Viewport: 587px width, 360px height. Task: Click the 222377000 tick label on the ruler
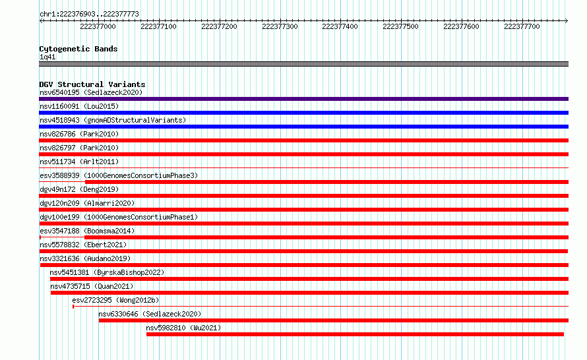(98, 26)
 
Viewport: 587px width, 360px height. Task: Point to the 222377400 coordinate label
(340, 26)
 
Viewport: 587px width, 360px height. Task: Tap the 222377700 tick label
(522, 26)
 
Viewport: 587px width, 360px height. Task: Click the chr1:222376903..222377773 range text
(89, 14)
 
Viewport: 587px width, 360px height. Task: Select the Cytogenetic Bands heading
(78, 49)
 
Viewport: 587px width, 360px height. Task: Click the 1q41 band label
(47, 57)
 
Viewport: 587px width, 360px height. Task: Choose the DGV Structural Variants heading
(92, 84)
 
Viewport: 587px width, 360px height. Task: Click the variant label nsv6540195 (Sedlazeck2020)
(91, 92)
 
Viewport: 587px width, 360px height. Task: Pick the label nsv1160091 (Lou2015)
(79, 106)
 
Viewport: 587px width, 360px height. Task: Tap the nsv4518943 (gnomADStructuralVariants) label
(113, 120)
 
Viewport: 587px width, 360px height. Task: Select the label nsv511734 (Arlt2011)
(79, 162)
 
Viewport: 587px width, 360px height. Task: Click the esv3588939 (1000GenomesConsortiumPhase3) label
(119, 175)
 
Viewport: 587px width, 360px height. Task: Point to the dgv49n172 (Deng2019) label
(79, 189)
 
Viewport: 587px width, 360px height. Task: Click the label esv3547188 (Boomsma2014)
(87, 231)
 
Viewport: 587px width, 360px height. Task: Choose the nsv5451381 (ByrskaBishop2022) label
(107, 272)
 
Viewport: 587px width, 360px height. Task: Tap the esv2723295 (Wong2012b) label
(115, 300)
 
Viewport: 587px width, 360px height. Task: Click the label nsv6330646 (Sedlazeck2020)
(150, 314)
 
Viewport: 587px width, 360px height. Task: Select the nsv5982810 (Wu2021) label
(183, 328)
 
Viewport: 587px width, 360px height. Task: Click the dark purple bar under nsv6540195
(303, 99)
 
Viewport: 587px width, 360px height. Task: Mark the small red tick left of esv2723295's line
(73, 307)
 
